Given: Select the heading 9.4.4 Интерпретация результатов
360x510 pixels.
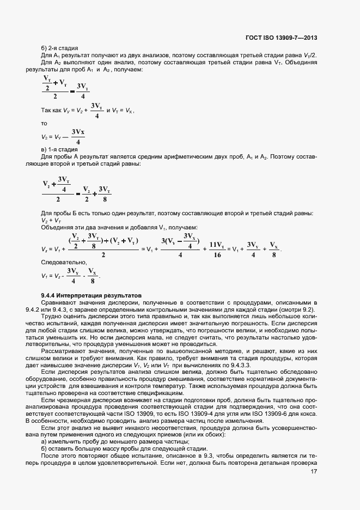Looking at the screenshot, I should (91, 294).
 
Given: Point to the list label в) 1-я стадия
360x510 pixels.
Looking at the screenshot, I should (59, 149).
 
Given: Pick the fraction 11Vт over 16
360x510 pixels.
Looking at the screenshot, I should (217, 250).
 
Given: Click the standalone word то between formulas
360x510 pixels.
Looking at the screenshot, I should (45, 124).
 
